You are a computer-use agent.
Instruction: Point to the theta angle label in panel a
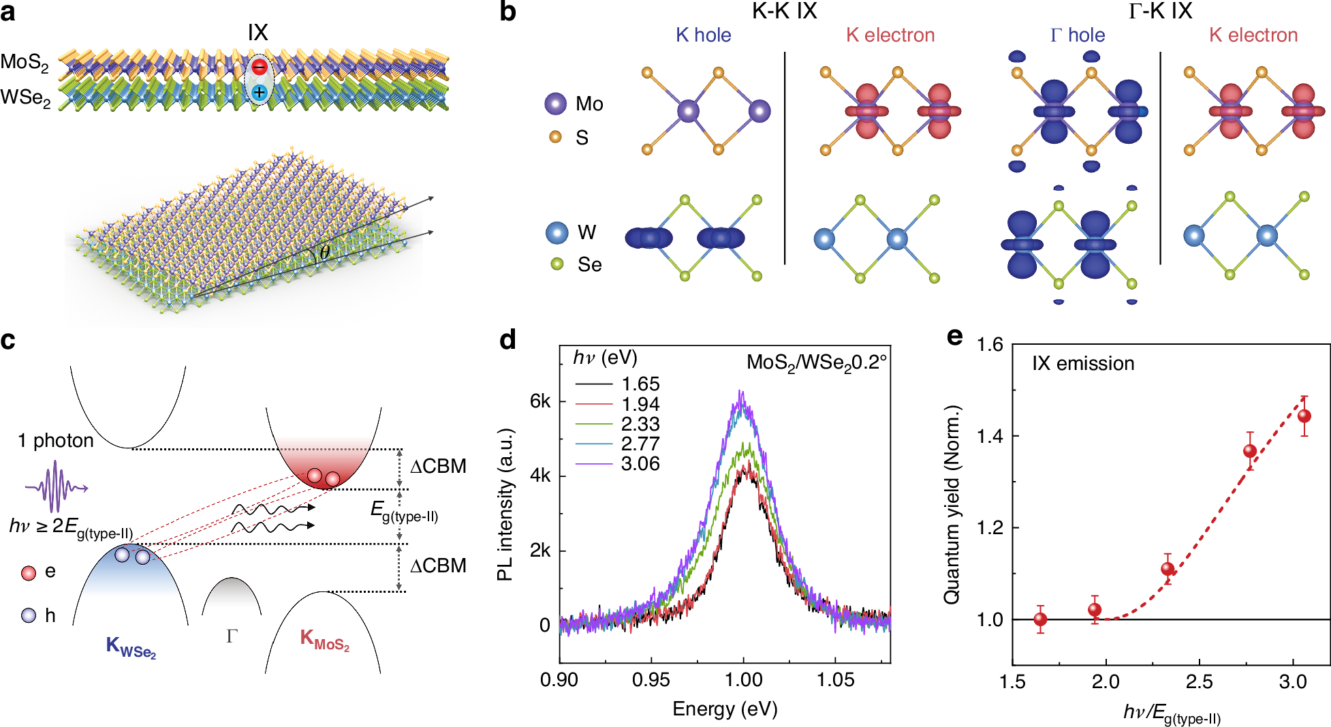[x=325, y=252]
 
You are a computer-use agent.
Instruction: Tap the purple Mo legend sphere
[x=556, y=104]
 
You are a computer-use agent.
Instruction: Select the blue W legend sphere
[x=557, y=232]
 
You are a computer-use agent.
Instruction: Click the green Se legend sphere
[x=557, y=264]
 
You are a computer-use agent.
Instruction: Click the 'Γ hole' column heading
[x=1077, y=35]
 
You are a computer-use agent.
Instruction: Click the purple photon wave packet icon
[x=56, y=486]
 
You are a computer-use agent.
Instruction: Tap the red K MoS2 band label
[x=324, y=640]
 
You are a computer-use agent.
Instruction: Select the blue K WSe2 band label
[x=131, y=646]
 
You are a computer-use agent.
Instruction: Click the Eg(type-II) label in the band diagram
[x=404, y=512]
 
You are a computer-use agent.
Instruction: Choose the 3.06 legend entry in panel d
[x=640, y=464]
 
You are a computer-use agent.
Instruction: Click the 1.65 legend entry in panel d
[x=640, y=384]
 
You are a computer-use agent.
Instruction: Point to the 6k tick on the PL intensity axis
[x=540, y=402]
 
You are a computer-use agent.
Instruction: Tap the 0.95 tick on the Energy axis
[x=651, y=680]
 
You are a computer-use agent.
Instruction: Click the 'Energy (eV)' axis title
[x=725, y=709]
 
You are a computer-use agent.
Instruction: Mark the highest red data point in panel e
[x=1304, y=416]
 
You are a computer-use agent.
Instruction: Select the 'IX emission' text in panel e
[x=1083, y=364]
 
